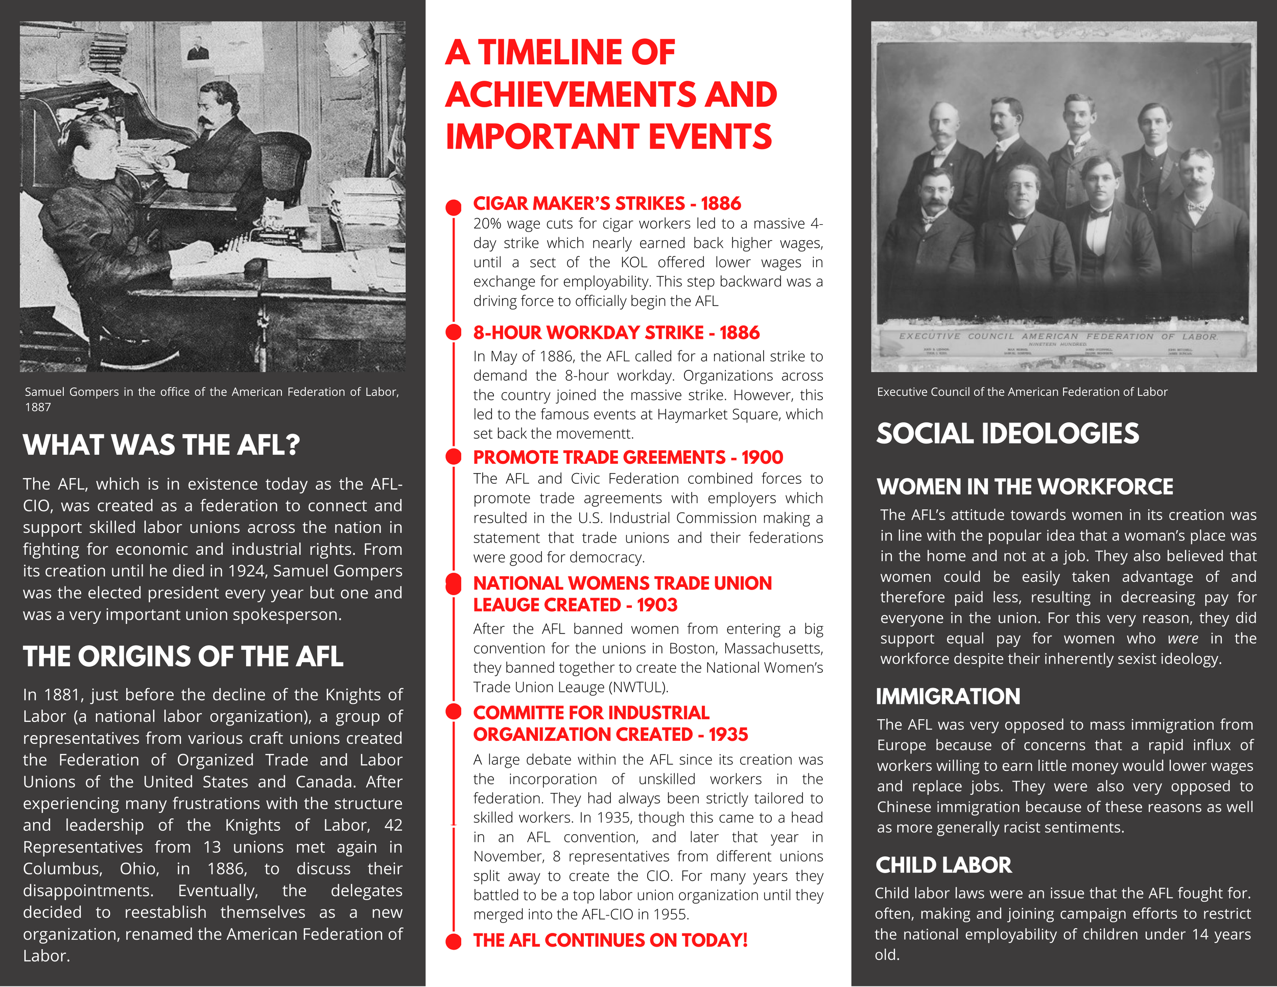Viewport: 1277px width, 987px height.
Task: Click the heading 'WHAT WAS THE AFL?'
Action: [x=161, y=445]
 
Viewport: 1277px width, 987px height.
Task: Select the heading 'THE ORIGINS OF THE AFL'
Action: [x=183, y=656]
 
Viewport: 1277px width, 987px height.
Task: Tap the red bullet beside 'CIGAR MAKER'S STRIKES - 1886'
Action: [x=454, y=207]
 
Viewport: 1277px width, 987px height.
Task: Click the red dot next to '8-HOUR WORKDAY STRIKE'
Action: [x=454, y=332]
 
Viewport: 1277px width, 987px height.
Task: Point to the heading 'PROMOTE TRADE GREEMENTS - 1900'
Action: [x=628, y=457]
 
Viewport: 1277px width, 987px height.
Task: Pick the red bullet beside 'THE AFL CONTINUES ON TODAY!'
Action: [x=454, y=942]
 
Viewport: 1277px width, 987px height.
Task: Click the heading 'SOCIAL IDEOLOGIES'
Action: [x=1007, y=434]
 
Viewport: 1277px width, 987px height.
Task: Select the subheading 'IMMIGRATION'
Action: [x=948, y=697]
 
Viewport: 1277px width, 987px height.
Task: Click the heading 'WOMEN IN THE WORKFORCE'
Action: [x=1024, y=487]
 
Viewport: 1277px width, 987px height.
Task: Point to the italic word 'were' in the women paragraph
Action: [x=1183, y=639]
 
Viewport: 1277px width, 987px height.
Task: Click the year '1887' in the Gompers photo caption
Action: [x=38, y=408]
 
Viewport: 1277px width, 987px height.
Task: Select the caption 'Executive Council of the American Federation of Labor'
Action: [x=1022, y=392]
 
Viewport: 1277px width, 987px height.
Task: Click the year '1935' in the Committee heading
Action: [x=728, y=735]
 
